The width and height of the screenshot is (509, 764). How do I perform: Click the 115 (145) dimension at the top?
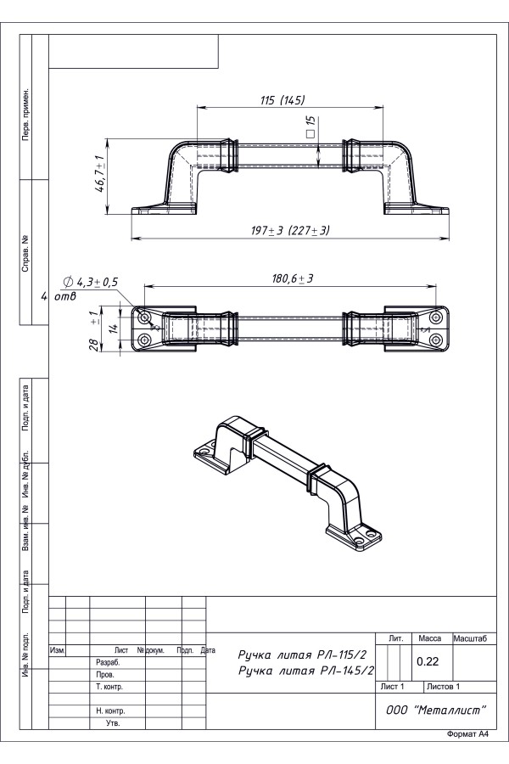(282, 100)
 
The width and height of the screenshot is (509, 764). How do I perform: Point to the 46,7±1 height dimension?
(99, 174)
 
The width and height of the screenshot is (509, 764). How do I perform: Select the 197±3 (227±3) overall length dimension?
(290, 230)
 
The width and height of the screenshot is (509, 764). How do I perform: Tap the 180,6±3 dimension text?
(292, 278)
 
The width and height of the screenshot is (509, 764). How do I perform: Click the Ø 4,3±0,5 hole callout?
(91, 282)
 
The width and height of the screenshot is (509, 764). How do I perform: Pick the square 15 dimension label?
(310, 126)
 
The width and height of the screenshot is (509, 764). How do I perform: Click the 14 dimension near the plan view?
(114, 328)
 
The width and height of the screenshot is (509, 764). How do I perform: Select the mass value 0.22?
(428, 661)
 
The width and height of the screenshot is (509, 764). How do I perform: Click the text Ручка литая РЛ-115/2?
(302, 654)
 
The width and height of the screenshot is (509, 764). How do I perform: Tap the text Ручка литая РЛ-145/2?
(306, 671)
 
